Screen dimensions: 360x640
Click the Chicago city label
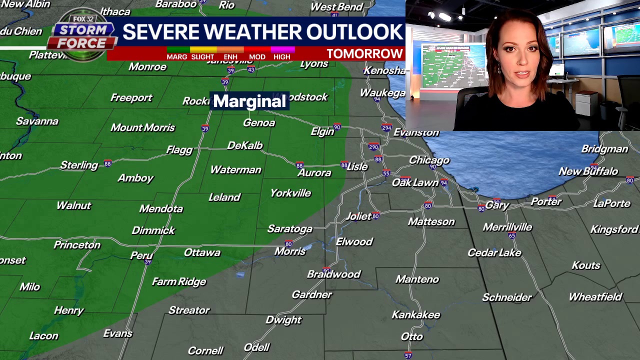click(429, 160)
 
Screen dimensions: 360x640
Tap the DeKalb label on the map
click(244, 145)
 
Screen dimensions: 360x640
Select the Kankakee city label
click(415, 315)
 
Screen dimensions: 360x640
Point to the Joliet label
click(358, 216)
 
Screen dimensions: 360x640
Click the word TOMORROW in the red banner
click(364, 54)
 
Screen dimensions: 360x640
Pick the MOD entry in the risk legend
click(257, 56)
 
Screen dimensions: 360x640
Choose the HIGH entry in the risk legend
click(281, 56)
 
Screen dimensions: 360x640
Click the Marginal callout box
click(249, 101)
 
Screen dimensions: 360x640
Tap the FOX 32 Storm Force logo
click(82, 34)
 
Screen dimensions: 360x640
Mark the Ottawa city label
click(202, 252)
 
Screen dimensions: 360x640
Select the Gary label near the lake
click(496, 205)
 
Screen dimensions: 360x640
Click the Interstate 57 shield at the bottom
click(408, 355)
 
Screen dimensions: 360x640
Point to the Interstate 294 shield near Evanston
click(386, 128)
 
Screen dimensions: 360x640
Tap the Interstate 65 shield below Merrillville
click(511, 235)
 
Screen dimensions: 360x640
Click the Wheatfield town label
click(595, 297)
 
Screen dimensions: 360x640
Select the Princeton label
click(77, 245)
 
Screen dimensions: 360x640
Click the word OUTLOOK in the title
click(354, 32)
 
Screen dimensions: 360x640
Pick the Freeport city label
click(131, 98)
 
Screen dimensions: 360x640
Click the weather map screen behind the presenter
click(452, 65)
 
